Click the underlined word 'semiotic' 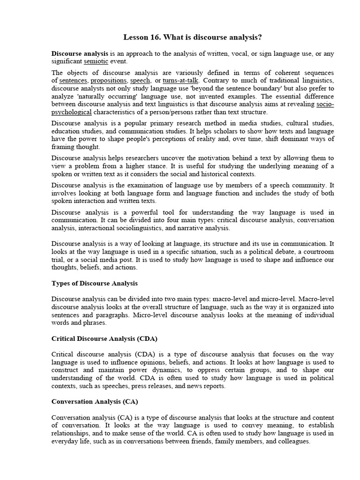[96, 61]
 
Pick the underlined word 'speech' [140, 81]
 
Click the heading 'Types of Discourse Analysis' [94, 284]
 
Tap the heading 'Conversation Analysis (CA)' [95, 402]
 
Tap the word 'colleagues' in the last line [293, 442]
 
